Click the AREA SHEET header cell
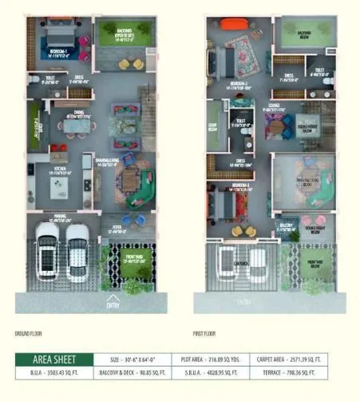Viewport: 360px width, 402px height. coord(54,360)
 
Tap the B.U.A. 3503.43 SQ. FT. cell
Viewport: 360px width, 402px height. coord(54,373)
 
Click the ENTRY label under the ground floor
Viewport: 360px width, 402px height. coord(113,304)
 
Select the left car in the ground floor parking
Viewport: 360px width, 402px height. coord(47,246)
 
